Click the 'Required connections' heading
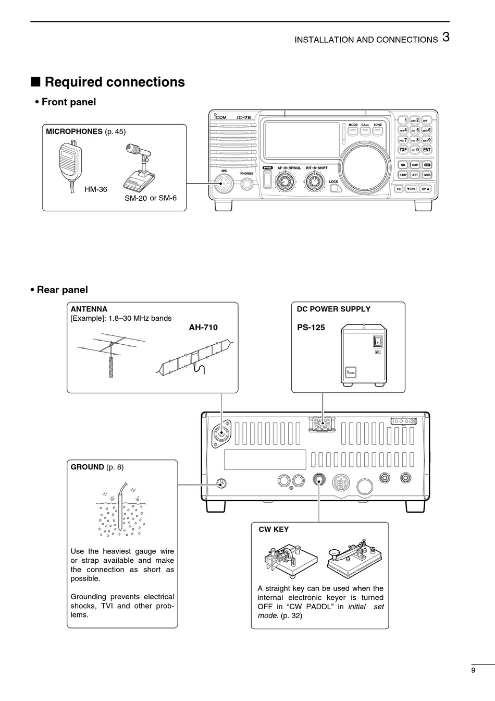[x=115, y=82]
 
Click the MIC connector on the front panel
[x=225, y=184]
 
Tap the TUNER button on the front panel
[x=427, y=175]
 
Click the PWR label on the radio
[x=268, y=168]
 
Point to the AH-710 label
[x=203, y=328]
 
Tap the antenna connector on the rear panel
[x=221, y=433]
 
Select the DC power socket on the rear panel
[x=323, y=425]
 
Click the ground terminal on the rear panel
[x=221, y=483]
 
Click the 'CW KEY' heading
[x=274, y=529]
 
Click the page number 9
[x=473, y=671]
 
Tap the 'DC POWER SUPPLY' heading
[x=333, y=309]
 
